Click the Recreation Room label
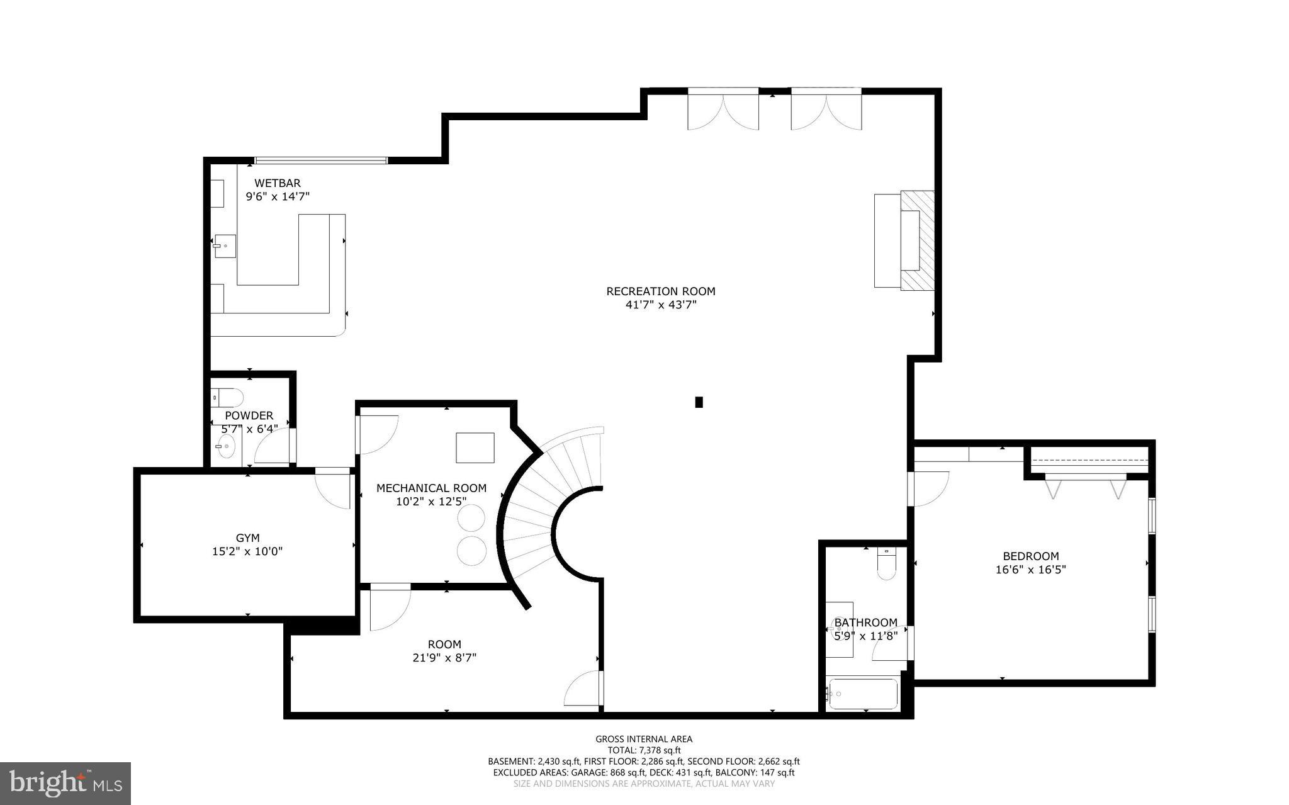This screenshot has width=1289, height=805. (660, 291)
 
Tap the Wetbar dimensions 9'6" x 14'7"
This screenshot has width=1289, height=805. (278, 196)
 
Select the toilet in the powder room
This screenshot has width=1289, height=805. (228, 397)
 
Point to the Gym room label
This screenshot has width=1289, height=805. (247, 538)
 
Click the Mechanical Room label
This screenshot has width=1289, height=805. (431, 488)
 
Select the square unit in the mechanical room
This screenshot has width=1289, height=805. (475, 448)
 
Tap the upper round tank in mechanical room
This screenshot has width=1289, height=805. (471, 519)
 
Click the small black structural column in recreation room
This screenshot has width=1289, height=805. (699, 402)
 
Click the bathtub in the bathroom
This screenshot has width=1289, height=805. (863, 694)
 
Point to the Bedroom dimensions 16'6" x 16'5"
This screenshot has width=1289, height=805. (1030, 570)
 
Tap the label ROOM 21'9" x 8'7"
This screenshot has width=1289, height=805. (444, 651)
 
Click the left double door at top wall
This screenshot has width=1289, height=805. (723, 110)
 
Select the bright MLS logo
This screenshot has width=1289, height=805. (65, 783)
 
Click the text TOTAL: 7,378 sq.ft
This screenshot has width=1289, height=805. (644, 750)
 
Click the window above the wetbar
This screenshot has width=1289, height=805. (320, 160)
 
